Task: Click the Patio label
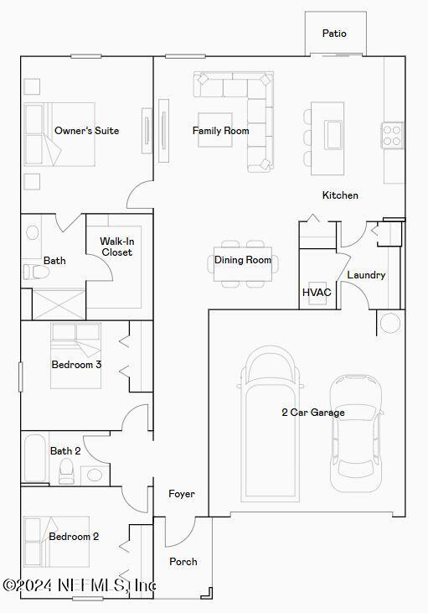click(x=334, y=34)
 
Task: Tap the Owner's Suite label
click(x=86, y=131)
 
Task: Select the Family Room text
click(x=220, y=131)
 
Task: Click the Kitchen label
click(x=340, y=195)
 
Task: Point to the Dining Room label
click(x=243, y=260)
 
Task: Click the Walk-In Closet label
click(x=116, y=247)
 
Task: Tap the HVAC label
click(x=317, y=293)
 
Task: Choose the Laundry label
click(x=366, y=275)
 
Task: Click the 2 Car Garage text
click(x=312, y=413)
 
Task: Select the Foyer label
click(x=182, y=494)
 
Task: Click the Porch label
click(x=183, y=562)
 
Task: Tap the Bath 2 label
click(x=65, y=451)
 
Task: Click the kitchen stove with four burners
click(x=393, y=134)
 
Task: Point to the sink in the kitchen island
click(x=334, y=134)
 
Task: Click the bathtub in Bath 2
click(x=35, y=458)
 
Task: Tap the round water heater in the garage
click(x=389, y=323)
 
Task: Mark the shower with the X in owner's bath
click(x=59, y=304)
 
